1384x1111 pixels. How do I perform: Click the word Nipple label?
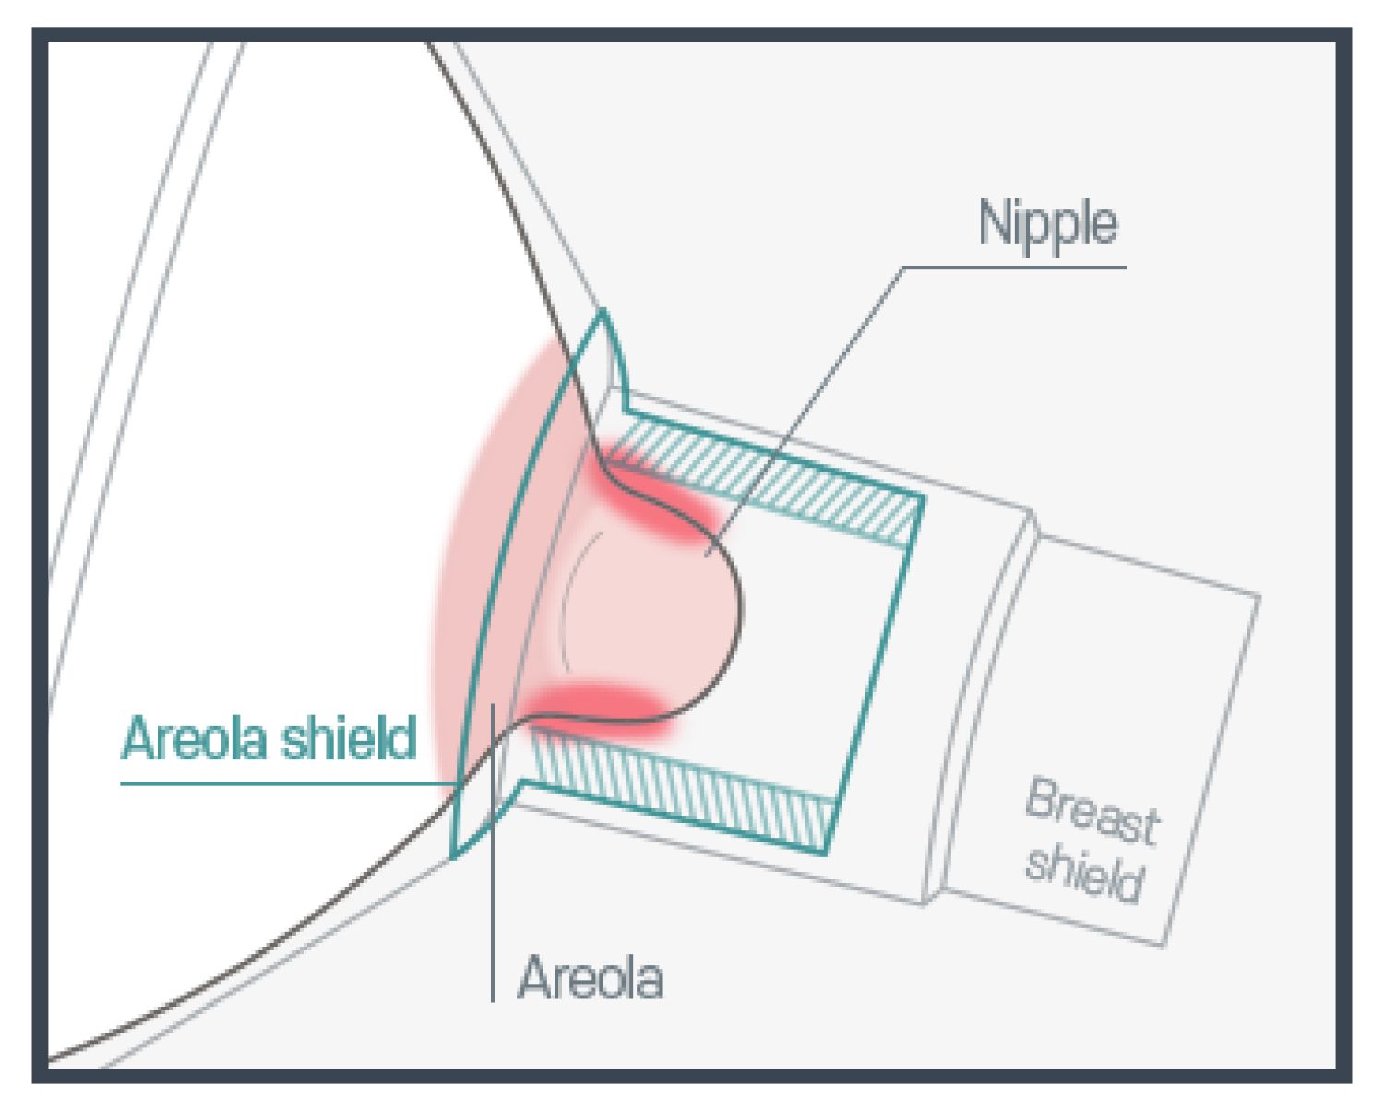(x=1048, y=224)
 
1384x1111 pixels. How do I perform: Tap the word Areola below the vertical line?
(x=591, y=977)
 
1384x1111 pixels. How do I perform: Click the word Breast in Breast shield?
(x=1092, y=813)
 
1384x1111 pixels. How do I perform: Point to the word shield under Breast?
(x=1084, y=873)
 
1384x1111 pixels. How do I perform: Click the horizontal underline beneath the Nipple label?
(x=1015, y=268)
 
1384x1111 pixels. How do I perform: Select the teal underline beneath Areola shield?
(x=277, y=784)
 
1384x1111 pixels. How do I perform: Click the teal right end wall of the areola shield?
(x=877, y=674)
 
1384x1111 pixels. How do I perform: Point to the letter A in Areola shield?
(x=138, y=738)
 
